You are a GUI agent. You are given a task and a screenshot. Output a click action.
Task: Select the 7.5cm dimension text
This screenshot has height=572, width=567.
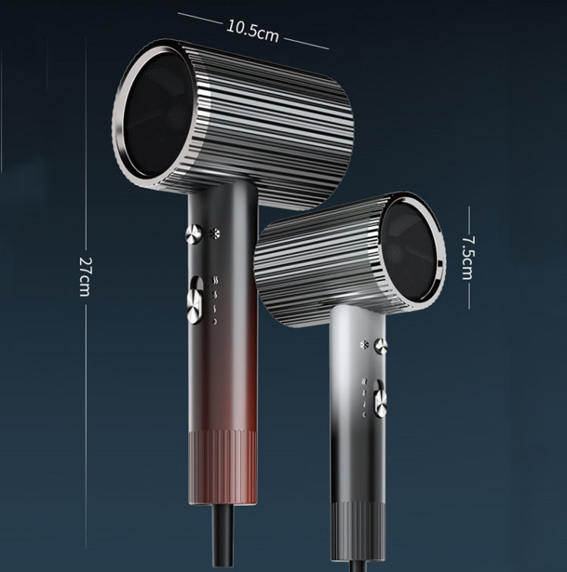point(468,257)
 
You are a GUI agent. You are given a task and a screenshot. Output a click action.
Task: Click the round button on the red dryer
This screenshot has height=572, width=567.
point(194,233)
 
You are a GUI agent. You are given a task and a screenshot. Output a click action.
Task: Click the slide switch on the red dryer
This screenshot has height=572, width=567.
point(196,299)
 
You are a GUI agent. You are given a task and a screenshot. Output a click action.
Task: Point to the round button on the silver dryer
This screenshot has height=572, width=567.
point(381,346)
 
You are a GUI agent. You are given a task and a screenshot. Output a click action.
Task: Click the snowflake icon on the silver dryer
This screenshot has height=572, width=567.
point(364,345)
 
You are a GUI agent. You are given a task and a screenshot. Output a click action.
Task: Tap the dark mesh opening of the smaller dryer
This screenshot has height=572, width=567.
point(412,253)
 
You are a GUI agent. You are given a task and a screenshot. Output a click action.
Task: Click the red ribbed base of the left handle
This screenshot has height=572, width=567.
point(223,468)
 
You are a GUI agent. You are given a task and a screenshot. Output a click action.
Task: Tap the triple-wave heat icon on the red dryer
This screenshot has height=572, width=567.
point(215,278)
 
